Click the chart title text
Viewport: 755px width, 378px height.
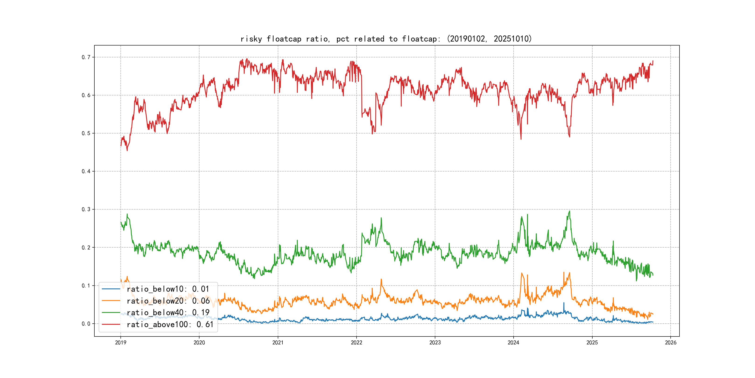[x=386, y=39]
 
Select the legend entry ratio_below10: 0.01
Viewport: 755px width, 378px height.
[x=168, y=289]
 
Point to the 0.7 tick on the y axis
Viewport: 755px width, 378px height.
[x=86, y=57]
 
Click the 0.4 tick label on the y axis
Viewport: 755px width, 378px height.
[x=86, y=171]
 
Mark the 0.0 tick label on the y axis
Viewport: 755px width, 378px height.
[x=86, y=324]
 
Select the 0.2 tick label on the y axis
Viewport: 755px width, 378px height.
[x=86, y=247]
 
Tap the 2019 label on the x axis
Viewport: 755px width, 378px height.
[x=120, y=343]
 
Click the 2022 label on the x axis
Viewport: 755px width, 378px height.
[x=356, y=343]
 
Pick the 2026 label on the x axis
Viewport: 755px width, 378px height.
[x=671, y=343]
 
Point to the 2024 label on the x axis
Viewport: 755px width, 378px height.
[x=514, y=343]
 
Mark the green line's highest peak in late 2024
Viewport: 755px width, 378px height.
[x=570, y=211]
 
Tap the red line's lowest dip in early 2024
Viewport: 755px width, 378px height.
[x=521, y=139]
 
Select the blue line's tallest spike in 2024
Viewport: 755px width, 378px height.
[x=564, y=303]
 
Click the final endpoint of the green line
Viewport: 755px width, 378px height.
[x=653, y=275]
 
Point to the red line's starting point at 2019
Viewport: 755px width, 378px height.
[x=121, y=146]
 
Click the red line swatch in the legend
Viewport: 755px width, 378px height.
[x=111, y=324]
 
